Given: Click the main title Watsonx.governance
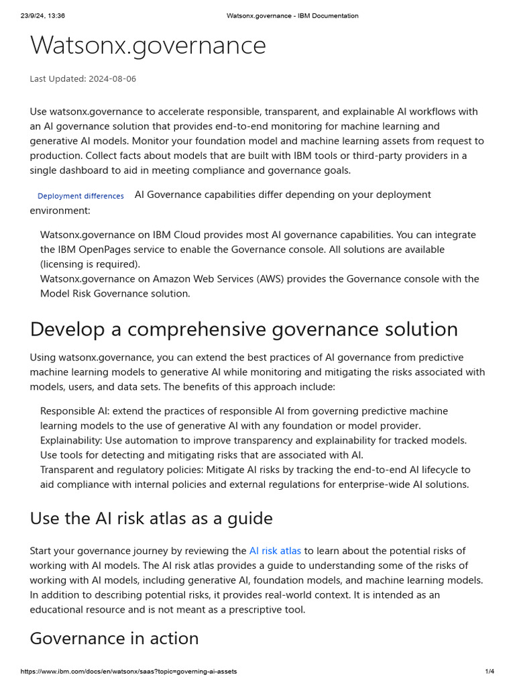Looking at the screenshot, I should (x=148, y=46).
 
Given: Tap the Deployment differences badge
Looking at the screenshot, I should (x=80, y=196).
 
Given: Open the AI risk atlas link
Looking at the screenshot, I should (x=275, y=551).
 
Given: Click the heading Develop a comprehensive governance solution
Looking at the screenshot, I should (x=243, y=329).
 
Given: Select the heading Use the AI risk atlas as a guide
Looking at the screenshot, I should (x=151, y=519).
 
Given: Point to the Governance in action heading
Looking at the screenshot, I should (x=114, y=638).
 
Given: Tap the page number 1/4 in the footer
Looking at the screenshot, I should (x=490, y=672).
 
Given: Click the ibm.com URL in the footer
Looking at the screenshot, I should (x=128, y=672).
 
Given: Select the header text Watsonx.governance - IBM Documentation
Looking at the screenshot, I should (x=292, y=16).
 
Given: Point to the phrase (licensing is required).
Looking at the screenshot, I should (x=90, y=264).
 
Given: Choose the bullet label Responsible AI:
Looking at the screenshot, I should (x=74, y=411).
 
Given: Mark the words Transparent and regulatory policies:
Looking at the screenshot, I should (x=121, y=470).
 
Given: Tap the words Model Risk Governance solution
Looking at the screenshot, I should (x=115, y=294).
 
